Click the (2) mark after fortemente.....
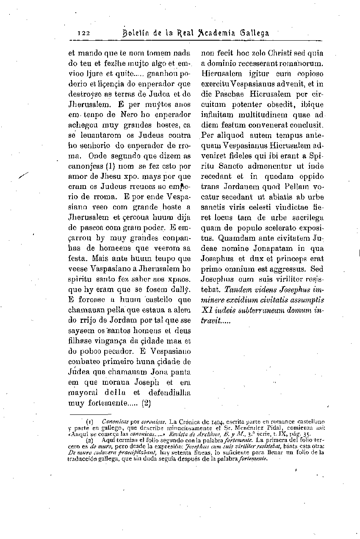pos(147,403)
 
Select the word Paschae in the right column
pos(229,94)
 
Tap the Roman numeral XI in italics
pos(207,310)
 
